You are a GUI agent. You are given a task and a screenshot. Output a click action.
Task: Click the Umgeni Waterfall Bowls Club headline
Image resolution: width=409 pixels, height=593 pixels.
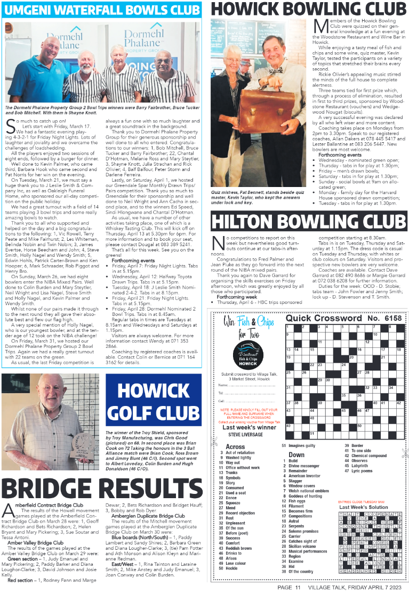point(101,9)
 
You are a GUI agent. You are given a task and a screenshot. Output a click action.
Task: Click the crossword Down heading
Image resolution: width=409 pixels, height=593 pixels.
point(296,454)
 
